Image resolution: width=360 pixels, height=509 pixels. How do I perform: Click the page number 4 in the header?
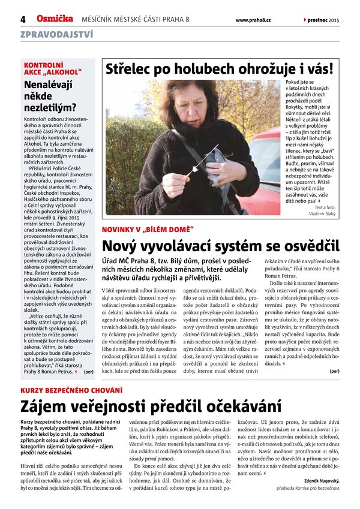click(x=23, y=19)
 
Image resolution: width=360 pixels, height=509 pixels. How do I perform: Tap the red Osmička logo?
click(x=55, y=19)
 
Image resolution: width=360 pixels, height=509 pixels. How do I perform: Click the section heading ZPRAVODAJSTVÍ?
click(x=56, y=34)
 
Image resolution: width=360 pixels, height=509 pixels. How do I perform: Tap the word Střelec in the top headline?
click(x=130, y=69)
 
